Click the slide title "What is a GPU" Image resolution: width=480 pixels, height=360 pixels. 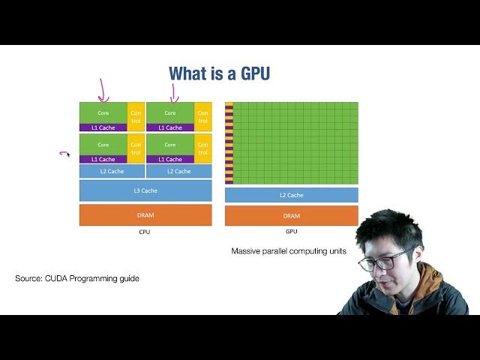tap(219, 73)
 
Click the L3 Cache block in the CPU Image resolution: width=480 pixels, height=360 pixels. tap(145, 190)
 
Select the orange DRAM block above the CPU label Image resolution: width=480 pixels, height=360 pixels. tap(145, 215)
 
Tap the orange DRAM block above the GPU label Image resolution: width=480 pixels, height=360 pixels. tap(291, 215)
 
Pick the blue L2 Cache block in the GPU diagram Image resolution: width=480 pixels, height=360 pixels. tap(291, 195)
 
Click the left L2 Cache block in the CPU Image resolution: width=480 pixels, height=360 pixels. tap(112, 171)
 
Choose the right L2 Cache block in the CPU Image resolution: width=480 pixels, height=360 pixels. tap(178, 171)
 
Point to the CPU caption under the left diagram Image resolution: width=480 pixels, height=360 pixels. tap(145, 232)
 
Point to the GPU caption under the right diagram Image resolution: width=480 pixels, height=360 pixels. tap(291, 232)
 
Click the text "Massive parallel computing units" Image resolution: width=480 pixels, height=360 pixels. tap(289, 251)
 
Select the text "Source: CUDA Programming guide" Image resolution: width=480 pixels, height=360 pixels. tap(77, 278)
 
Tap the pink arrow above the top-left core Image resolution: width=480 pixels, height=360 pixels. tap(103, 90)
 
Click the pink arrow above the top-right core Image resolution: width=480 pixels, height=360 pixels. tap(173, 91)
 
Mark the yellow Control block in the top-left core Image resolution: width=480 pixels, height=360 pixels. tap(136, 116)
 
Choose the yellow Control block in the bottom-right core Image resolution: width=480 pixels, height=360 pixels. tap(202, 148)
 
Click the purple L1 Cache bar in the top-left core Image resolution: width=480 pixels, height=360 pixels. tap(103, 127)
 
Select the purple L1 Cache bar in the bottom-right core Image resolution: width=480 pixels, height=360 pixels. tap(170, 159)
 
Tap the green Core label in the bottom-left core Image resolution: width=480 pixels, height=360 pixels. tap(103, 145)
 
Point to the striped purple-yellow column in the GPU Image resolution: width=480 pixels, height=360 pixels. tap(229, 142)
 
